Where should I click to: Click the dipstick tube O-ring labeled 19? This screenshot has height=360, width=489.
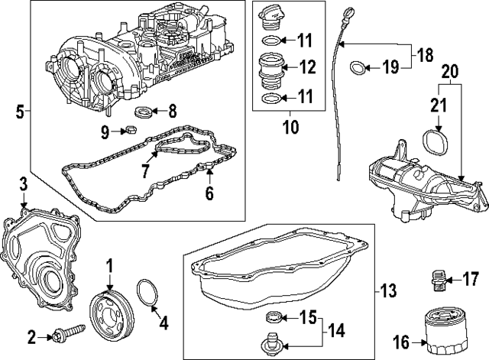[x=356, y=69]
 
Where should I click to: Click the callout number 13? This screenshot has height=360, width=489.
[x=388, y=290]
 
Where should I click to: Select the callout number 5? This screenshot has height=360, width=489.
[x=19, y=112]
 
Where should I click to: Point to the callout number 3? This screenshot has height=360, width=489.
[x=23, y=184]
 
